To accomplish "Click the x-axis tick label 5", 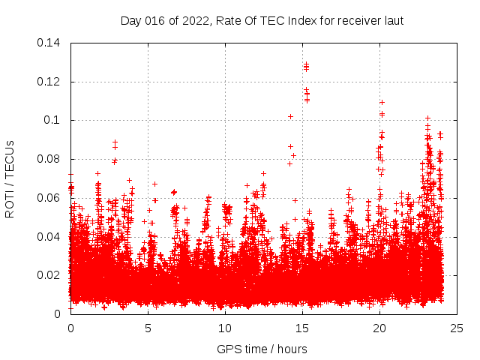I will coord(148,328).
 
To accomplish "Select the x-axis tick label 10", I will coord(225,328).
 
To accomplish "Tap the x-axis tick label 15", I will coord(302,328).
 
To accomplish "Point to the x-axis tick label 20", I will coord(379,328).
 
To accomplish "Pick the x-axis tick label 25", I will coord(457,328).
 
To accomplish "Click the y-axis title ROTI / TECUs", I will coord(10,178).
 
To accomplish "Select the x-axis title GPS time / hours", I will coord(262,349).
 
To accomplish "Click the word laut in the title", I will coord(393,20).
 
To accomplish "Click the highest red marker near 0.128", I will coord(306,64).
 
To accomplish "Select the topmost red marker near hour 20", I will coord(382,102).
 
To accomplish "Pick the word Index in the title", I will coord(301,20).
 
